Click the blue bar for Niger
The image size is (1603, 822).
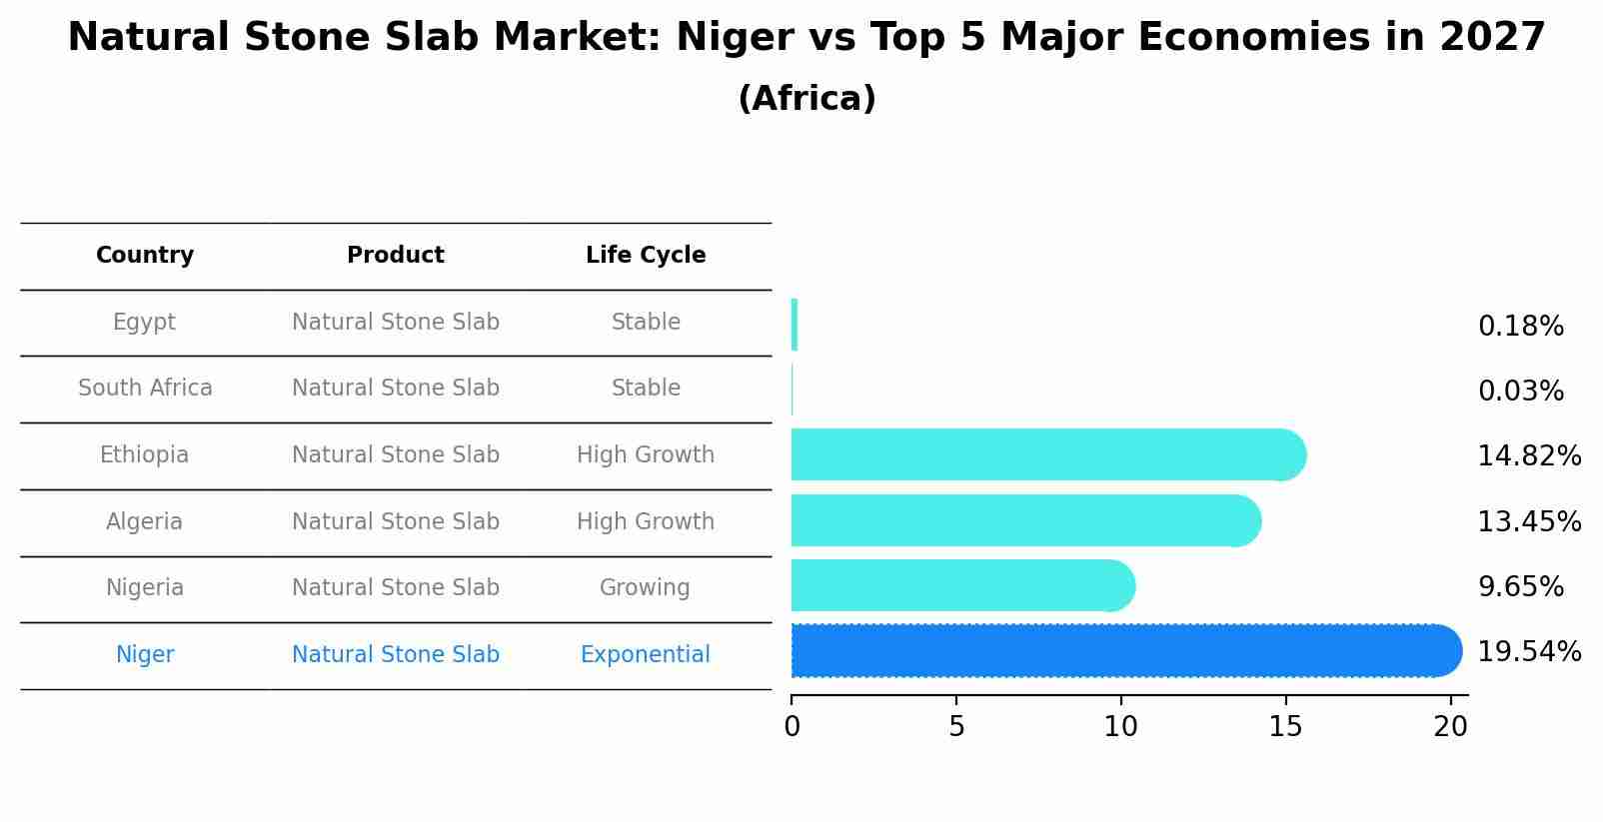(x=1124, y=651)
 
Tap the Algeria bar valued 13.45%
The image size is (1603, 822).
(x=1024, y=521)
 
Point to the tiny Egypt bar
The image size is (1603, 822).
(x=795, y=325)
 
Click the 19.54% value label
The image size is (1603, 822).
(x=1528, y=652)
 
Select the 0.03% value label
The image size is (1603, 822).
(x=1520, y=392)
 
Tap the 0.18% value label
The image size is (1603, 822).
(x=1520, y=327)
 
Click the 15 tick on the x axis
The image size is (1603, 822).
(x=1285, y=726)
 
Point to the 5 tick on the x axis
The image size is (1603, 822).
(x=956, y=726)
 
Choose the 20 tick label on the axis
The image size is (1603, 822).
(x=1450, y=726)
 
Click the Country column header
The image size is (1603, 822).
(x=145, y=256)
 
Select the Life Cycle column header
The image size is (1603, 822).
(x=646, y=256)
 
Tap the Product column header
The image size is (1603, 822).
(x=396, y=256)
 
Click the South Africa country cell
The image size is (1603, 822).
(x=145, y=389)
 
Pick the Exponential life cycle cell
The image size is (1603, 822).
(x=646, y=655)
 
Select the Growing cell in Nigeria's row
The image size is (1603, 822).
(x=645, y=588)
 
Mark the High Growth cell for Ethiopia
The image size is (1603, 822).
(x=646, y=455)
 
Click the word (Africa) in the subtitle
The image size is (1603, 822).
(x=806, y=99)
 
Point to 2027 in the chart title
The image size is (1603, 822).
(x=1492, y=38)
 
